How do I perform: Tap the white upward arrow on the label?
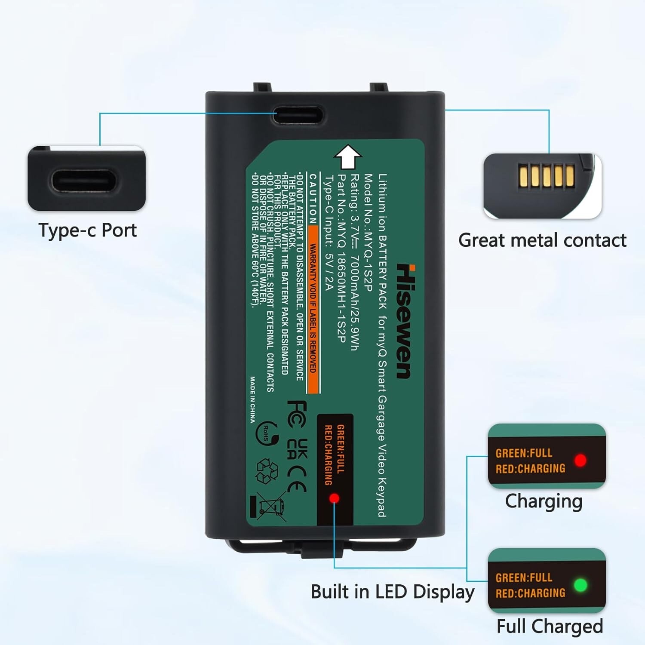tap(348, 157)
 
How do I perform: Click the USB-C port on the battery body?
tap(298, 115)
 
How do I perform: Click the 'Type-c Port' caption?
tap(88, 230)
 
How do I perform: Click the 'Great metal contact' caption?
tap(542, 240)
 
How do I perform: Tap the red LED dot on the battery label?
tap(334, 498)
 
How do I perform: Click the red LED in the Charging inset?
tap(580, 461)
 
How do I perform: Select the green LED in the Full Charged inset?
tap(580, 585)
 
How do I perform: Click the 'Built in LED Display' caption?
tap(393, 592)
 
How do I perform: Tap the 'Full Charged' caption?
tap(550, 627)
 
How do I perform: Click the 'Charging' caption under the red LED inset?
tap(544, 501)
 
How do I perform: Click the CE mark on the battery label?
tap(297, 479)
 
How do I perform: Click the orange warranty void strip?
tap(313, 310)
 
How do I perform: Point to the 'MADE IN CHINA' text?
tap(253, 399)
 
